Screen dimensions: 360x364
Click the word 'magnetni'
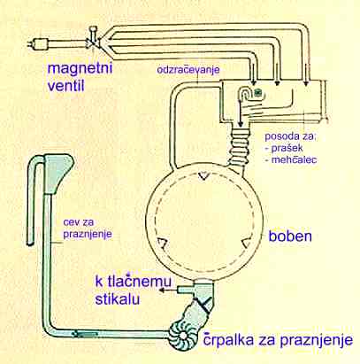(x=80, y=69)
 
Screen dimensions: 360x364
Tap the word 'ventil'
(x=66, y=85)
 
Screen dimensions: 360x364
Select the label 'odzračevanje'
(x=188, y=71)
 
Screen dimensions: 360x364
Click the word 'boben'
(x=290, y=236)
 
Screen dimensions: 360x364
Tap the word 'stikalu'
(x=118, y=298)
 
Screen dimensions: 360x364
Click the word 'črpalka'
(x=228, y=340)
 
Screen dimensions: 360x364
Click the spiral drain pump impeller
(x=183, y=336)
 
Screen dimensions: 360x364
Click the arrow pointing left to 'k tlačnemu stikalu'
(x=169, y=290)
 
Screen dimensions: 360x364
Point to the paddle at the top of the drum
(x=203, y=176)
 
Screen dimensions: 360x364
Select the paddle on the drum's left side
(x=163, y=244)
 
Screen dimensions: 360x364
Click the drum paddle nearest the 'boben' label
(x=247, y=244)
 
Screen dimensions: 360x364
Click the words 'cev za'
(x=79, y=222)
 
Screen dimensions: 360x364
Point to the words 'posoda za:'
(x=290, y=136)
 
